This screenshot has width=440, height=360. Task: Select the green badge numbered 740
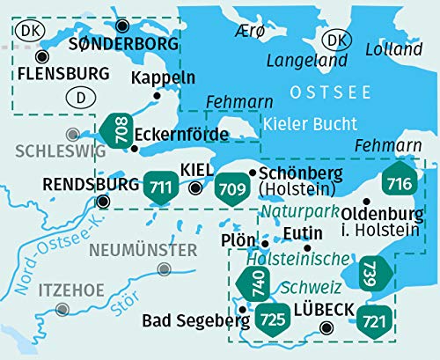click(249, 284)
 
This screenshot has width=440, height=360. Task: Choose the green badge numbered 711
click(161, 186)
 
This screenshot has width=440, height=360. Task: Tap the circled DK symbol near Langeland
click(334, 40)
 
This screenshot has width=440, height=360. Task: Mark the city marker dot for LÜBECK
click(326, 327)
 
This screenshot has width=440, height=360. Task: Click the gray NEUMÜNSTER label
click(143, 250)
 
